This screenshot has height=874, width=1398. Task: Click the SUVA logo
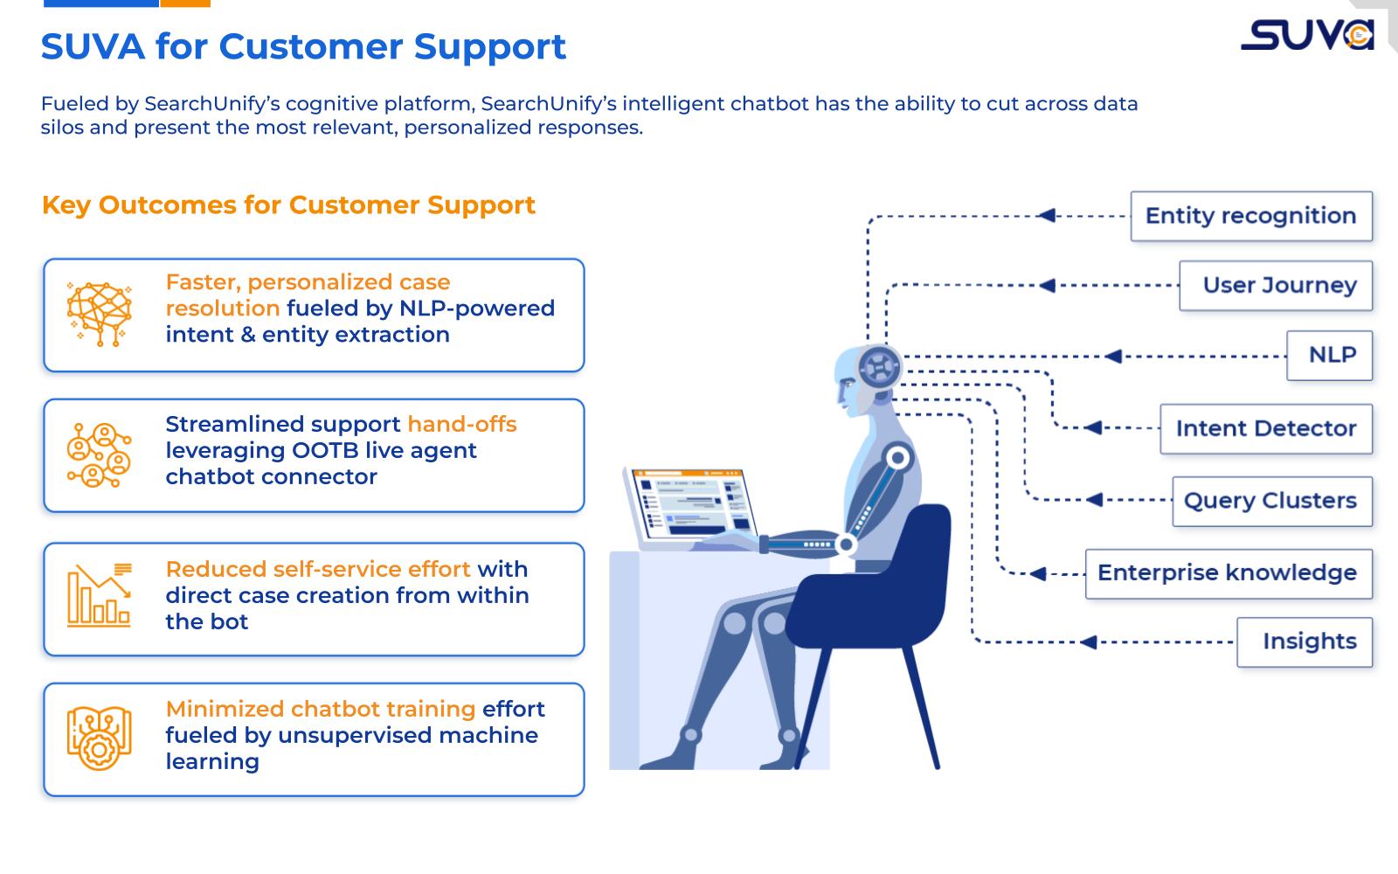(1307, 35)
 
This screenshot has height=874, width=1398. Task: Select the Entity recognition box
(1251, 216)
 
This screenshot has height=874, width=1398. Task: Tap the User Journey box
(1276, 286)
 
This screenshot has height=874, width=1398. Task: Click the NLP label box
(1329, 356)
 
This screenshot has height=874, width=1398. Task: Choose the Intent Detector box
(1265, 428)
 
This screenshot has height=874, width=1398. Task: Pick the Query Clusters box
(1271, 501)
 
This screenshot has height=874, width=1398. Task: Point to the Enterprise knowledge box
(1228, 573)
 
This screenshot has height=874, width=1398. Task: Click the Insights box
(1305, 642)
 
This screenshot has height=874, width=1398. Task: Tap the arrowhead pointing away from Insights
(1088, 642)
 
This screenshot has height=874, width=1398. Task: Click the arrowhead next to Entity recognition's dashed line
(1047, 216)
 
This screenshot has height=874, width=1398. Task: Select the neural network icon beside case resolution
(99, 314)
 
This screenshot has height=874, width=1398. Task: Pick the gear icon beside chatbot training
(99, 739)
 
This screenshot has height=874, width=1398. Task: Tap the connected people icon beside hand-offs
(99, 454)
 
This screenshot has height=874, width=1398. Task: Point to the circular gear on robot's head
(878, 365)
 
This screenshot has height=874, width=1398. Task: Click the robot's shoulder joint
(897, 458)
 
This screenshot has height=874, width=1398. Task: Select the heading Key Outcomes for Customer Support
(288, 205)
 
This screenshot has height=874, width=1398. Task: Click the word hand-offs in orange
(461, 425)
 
